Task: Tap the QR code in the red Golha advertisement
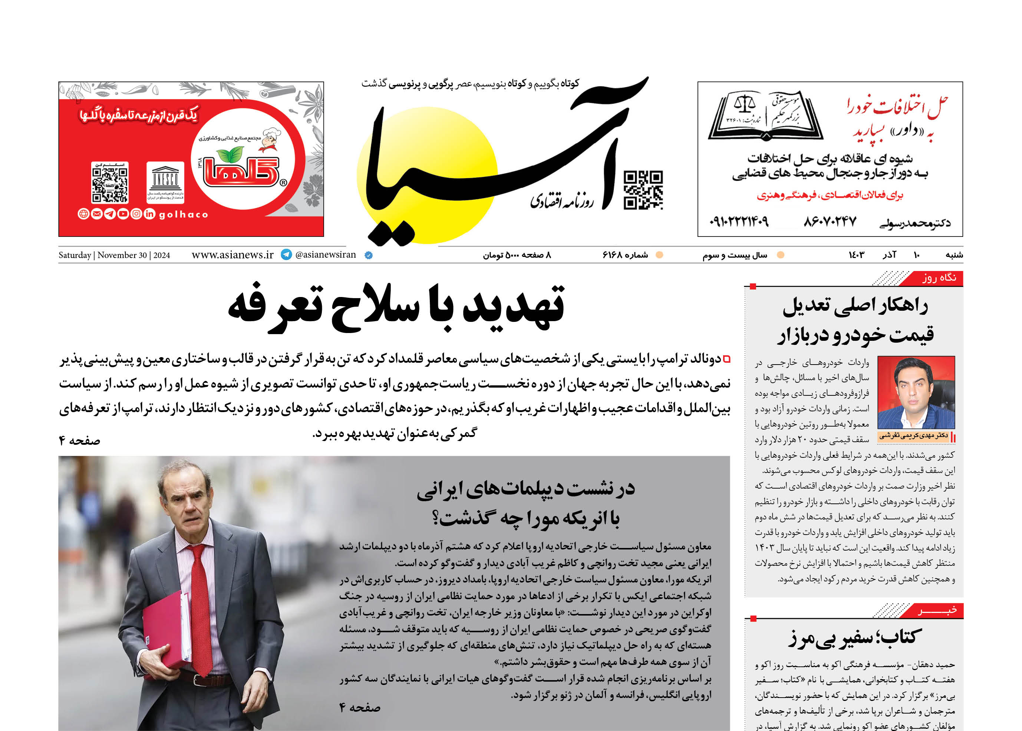(110, 182)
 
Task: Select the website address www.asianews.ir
(233, 255)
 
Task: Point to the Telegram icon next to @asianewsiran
(286, 255)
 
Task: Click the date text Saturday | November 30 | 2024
(114, 255)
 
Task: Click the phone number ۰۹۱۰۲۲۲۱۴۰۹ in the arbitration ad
(739, 222)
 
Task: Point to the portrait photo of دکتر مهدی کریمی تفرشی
(916, 392)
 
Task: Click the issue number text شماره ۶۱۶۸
(625, 255)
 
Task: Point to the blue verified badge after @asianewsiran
(368, 255)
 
